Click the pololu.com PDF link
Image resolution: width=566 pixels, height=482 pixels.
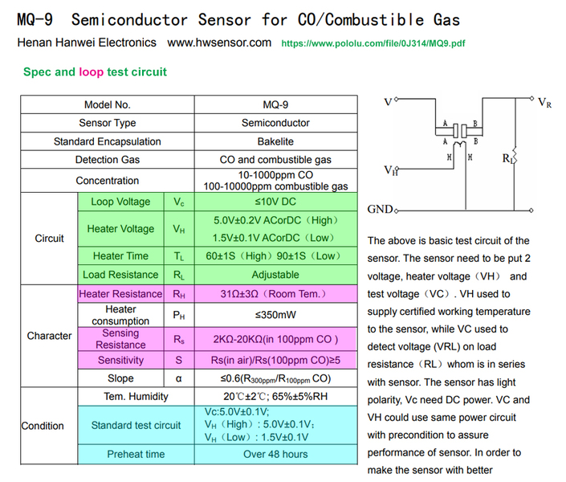[373, 43]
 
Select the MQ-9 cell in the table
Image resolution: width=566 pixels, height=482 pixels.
[275, 104]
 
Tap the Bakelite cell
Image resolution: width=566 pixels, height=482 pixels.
[275, 141]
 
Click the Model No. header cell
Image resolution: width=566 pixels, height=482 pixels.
[107, 104]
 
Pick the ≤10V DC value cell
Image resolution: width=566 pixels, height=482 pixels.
[275, 202]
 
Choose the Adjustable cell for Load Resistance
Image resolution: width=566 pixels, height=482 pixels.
[275, 275]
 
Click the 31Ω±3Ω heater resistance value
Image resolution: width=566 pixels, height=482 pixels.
[275, 294]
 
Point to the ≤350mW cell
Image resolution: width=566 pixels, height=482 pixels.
[275, 316]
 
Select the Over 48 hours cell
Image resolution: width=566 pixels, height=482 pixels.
[275, 454]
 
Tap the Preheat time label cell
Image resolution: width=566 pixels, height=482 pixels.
[136, 454]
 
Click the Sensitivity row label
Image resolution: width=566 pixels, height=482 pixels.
[120, 361]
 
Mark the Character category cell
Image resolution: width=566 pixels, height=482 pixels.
[49, 336]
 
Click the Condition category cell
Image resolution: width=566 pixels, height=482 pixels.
[43, 426]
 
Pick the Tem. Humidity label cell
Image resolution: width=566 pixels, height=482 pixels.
[136, 396]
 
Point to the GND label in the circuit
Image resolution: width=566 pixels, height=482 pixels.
[380, 210]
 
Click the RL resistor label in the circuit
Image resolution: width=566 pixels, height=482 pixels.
[508, 159]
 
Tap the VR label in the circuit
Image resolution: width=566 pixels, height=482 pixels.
[544, 104]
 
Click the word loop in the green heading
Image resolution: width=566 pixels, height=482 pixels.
[91, 72]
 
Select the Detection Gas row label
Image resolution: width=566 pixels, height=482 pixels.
[107, 160]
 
